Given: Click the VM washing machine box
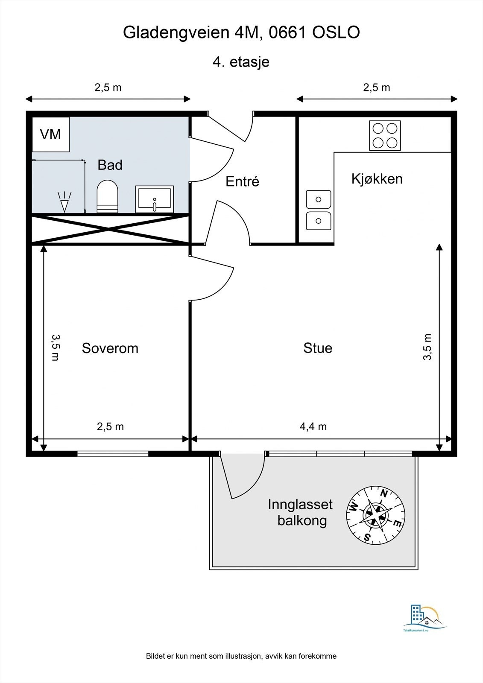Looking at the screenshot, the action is click(x=51, y=134).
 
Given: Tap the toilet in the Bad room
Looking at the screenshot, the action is click(x=107, y=196).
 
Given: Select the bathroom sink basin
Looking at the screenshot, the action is click(x=155, y=199).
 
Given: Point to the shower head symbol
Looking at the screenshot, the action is click(x=64, y=201).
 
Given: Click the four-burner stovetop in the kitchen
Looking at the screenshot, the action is click(x=385, y=135).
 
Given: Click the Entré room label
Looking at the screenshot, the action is click(x=242, y=181).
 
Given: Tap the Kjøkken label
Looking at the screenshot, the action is click(x=377, y=179).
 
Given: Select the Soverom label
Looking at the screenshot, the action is click(x=110, y=348).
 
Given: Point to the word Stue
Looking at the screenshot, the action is click(x=318, y=348).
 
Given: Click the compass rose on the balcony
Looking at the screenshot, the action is click(x=376, y=515).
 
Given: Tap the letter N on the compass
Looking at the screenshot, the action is click(x=384, y=493).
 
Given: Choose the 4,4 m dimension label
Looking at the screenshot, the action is click(x=313, y=426).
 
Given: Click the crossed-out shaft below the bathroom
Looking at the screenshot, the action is click(x=110, y=230).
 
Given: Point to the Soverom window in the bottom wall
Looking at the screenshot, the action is click(x=113, y=454).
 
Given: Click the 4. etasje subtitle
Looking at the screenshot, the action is click(x=241, y=62).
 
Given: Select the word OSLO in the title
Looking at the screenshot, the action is click(x=336, y=32).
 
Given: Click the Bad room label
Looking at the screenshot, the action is click(x=110, y=165).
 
